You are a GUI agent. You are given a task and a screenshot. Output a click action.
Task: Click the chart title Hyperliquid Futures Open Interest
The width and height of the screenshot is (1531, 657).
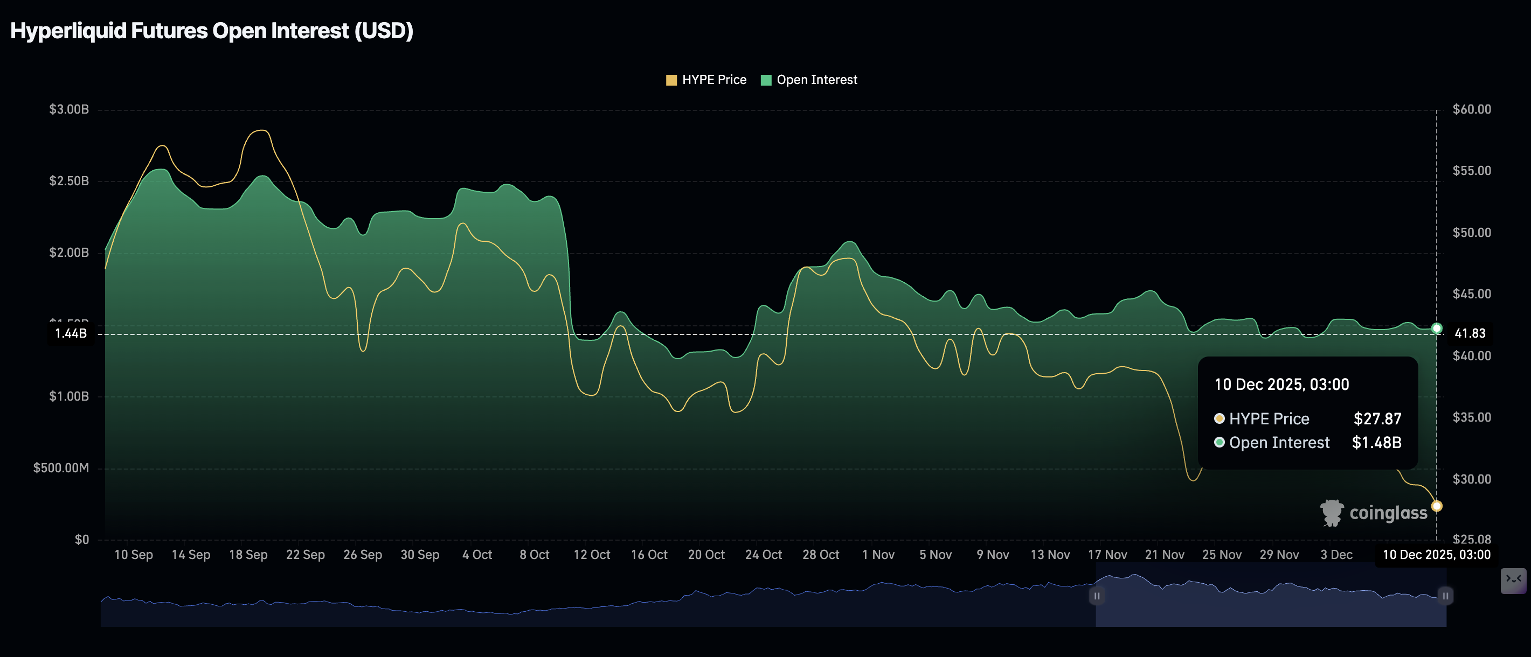pyautogui.click(x=212, y=31)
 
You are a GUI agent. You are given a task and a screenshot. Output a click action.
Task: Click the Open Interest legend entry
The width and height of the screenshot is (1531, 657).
pyautogui.click(x=809, y=80)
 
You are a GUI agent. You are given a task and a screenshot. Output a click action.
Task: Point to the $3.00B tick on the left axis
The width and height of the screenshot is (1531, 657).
pyautogui.click(x=69, y=109)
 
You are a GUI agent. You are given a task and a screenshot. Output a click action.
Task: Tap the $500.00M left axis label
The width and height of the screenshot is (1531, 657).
pyautogui.click(x=61, y=468)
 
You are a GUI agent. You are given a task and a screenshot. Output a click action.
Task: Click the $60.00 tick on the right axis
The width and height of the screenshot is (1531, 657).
pyautogui.click(x=1472, y=109)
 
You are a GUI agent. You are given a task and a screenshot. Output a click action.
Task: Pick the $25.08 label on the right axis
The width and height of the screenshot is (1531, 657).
pyautogui.click(x=1472, y=540)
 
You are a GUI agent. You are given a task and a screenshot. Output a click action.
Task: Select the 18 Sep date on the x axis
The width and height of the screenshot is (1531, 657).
pyautogui.click(x=248, y=554)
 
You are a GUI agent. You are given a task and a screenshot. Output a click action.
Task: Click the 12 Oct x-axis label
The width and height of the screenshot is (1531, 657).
pyautogui.click(x=591, y=554)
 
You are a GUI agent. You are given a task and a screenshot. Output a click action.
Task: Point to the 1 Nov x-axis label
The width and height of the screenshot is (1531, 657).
pyautogui.click(x=878, y=554)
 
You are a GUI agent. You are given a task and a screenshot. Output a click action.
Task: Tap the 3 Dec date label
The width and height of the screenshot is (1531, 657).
pyautogui.click(x=1336, y=554)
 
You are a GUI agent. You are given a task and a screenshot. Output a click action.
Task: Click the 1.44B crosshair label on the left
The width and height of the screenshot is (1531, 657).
pyautogui.click(x=71, y=333)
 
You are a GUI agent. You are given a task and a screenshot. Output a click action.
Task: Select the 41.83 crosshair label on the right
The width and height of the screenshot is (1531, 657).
pyautogui.click(x=1470, y=333)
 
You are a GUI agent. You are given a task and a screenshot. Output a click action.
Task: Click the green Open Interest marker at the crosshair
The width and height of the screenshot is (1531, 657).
pyautogui.click(x=1437, y=328)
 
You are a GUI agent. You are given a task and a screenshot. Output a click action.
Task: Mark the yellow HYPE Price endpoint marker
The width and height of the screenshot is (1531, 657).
pyautogui.click(x=1437, y=506)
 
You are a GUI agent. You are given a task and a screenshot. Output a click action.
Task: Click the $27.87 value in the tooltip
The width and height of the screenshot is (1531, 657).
pyautogui.click(x=1377, y=419)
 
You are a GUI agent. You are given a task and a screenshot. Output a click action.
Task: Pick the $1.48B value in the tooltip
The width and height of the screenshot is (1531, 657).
pyautogui.click(x=1376, y=443)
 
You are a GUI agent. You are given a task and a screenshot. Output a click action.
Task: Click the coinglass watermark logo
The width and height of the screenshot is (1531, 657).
pyautogui.click(x=1374, y=513)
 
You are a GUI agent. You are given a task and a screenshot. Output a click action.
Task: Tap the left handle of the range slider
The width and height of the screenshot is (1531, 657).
pyautogui.click(x=1097, y=596)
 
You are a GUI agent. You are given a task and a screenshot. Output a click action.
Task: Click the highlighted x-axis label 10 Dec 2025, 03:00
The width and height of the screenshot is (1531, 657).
pyautogui.click(x=1437, y=554)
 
